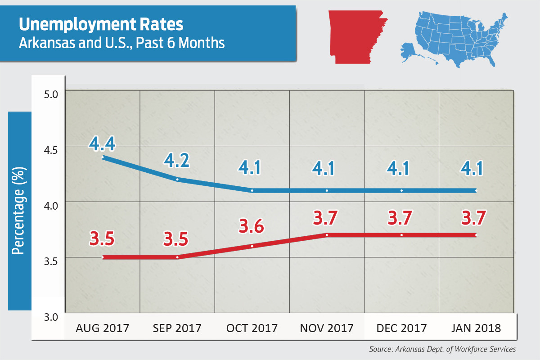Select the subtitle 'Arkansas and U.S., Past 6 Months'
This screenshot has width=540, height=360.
click(x=121, y=43)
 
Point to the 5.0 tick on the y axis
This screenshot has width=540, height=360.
click(x=51, y=95)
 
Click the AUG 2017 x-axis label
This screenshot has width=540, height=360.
click(x=102, y=328)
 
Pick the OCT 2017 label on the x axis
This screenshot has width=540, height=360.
click(x=252, y=328)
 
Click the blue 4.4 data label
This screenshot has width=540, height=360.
click(x=102, y=144)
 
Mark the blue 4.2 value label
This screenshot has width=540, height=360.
click(x=177, y=160)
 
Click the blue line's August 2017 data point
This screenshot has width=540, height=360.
click(x=103, y=157)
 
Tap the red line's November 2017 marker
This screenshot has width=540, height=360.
click(x=327, y=235)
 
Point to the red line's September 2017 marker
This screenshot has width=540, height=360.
click(x=177, y=257)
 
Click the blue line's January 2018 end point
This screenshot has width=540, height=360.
click(x=476, y=190)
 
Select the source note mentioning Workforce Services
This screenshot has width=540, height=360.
click(x=442, y=349)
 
